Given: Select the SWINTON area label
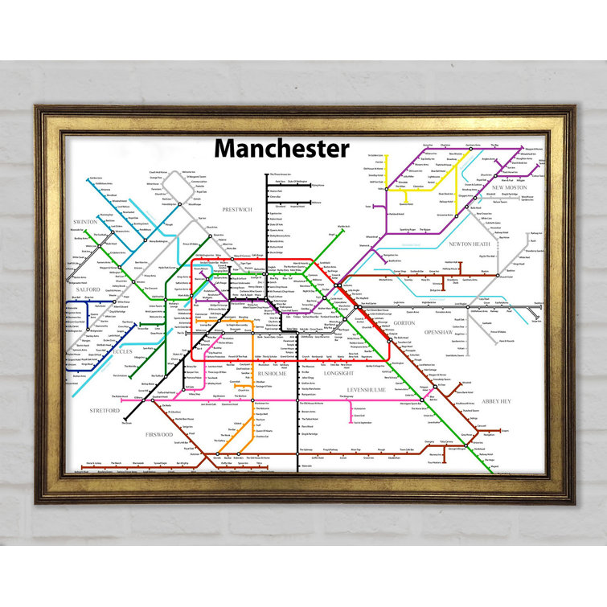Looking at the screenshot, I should coord(85,221).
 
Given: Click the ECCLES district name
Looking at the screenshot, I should coord(121,351).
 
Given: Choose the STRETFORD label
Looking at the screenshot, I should coord(105,410).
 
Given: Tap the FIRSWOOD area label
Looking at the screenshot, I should coord(158,435).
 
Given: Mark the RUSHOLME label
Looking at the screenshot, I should coord(271,373).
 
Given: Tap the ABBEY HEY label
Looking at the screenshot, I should coord(496,400).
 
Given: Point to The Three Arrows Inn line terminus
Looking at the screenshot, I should coord(267,174).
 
